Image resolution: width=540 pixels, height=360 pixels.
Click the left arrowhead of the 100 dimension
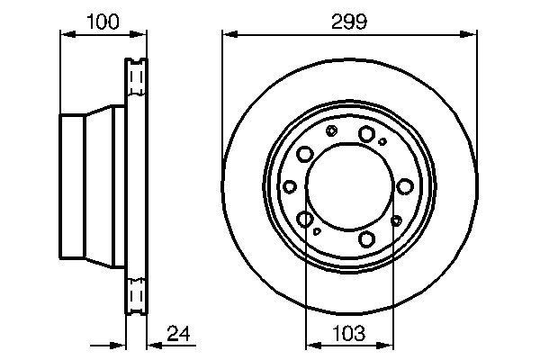point(65,35)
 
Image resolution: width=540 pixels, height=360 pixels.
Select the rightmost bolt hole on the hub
point(405,187)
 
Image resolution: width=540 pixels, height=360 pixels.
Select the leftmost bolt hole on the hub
point(291,187)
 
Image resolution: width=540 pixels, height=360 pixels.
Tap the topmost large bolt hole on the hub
point(366,135)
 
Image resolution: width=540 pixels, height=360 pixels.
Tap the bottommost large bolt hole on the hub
point(366,238)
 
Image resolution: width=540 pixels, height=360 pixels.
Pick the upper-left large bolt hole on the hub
point(306,154)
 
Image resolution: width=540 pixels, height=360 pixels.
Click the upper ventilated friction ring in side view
point(135,81)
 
